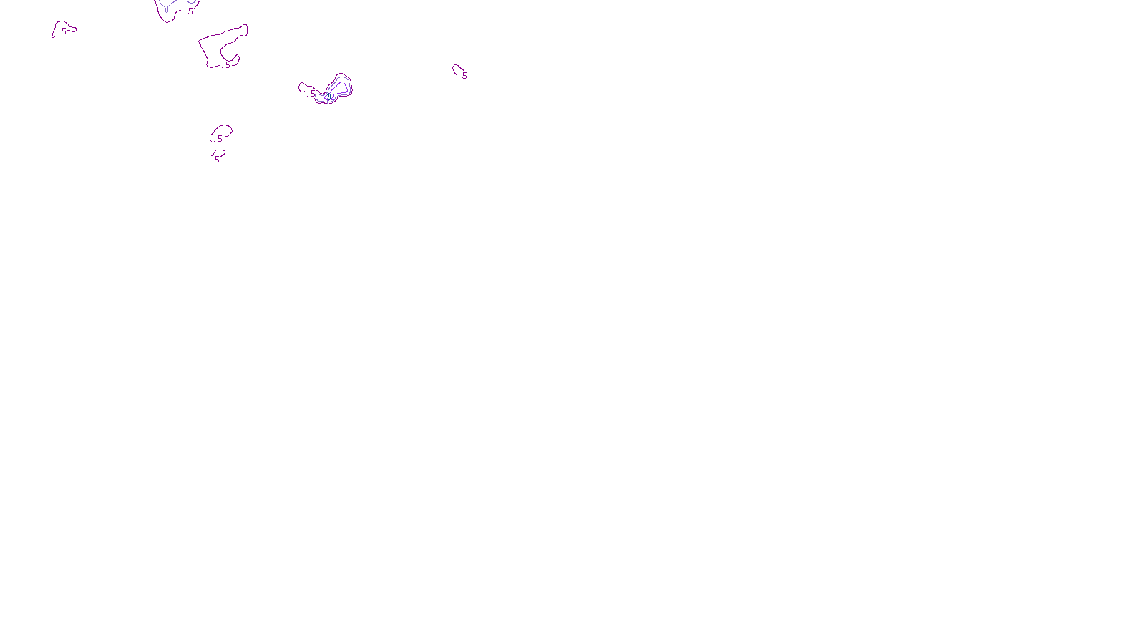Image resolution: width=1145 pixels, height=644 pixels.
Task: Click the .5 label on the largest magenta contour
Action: click(x=227, y=65)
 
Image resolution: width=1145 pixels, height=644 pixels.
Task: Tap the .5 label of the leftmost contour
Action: click(x=63, y=31)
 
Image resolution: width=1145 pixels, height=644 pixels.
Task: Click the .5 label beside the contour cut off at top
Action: click(x=190, y=11)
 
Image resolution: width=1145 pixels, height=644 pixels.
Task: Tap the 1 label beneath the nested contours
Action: click(x=328, y=102)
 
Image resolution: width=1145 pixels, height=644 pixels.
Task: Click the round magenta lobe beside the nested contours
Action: click(x=306, y=88)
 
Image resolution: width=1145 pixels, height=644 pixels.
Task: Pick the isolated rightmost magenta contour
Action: click(x=457, y=69)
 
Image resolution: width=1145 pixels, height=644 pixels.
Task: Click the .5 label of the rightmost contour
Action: click(x=464, y=76)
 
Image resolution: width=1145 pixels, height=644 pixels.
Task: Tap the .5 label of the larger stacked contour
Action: click(x=219, y=139)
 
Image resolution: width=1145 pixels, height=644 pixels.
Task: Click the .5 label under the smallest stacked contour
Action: click(x=216, y=160)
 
